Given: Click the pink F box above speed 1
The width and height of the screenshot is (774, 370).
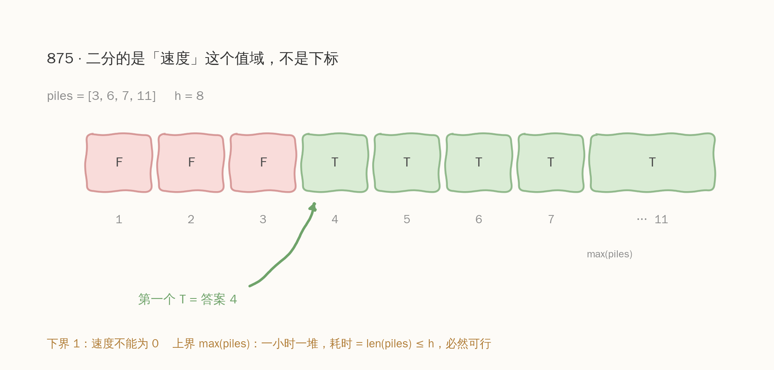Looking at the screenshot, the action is (x=119, y=163).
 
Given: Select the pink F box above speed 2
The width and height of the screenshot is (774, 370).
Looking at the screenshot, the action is (x=191, y=163).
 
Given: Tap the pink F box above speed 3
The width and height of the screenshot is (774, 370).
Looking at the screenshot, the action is (x=263, y=163).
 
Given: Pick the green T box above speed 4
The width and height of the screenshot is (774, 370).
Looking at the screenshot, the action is (x=335, y=163).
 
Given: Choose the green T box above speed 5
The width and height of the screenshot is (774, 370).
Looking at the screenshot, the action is (x=407, y=163).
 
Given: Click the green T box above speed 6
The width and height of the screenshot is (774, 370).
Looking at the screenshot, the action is (x=479, y=163).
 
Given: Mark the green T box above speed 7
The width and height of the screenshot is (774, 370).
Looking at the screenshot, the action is (x=551, y=163).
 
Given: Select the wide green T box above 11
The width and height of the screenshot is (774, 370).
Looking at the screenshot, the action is (x=652, y=163).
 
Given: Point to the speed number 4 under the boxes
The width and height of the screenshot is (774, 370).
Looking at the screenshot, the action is (x=335, y=220).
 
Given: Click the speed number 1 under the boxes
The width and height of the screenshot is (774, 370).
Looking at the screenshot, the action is (x=119, y=220).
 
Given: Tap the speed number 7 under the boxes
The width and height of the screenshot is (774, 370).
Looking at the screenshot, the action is (x=551, y=220).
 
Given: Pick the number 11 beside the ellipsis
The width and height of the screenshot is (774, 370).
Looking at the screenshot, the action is (x=661, y=220).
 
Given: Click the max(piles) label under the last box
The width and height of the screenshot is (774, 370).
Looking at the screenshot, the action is (x=609, y=254).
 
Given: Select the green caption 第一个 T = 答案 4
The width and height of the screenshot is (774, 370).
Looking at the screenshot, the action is (x=188, y=299).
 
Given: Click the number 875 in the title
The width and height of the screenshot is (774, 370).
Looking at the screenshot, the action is (x=60, y=59).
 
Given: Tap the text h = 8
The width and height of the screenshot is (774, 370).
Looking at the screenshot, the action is (x=189, y=96).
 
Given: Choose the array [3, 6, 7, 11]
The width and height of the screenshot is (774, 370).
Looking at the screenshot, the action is (x=122, y=96).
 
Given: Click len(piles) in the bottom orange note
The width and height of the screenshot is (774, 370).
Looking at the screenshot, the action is (x=389, y=344).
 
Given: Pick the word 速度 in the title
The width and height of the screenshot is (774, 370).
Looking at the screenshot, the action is (x=175, y=58).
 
